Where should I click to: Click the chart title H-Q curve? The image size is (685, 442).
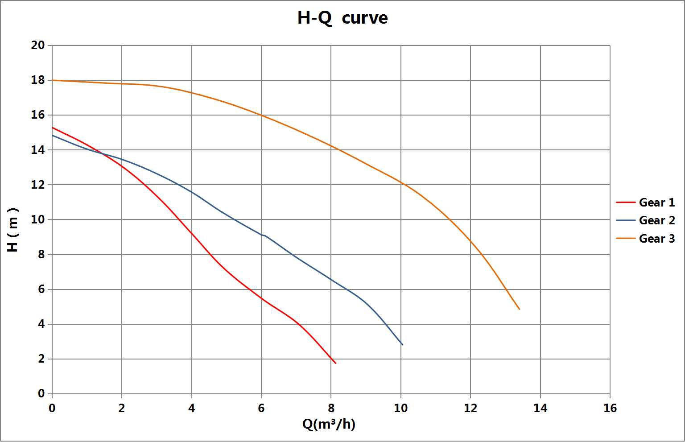click(x=342, y=18)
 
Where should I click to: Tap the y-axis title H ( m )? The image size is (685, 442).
click(x=13, y=230)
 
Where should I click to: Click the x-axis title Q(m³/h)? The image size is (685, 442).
click(x=329, y=424)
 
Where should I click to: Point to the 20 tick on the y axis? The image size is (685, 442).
click(x=38, y=45)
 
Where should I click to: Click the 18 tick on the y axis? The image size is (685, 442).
click(x=38, y=80)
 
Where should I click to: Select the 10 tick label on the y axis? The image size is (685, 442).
click(x=38, y=219)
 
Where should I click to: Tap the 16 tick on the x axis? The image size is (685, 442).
click(x=610, y=408)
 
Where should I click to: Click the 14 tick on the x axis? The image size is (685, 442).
click(x=540, y=408)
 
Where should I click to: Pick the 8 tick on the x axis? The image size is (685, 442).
click(x=331, y=408)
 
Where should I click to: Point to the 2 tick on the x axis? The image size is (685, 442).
click(x=122, y=408)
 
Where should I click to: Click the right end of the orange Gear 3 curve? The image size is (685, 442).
click(x=520, y=309)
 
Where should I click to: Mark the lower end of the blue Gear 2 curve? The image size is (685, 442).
click(x=402, y=345)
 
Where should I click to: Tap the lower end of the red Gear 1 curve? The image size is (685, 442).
click(x=335, y=363)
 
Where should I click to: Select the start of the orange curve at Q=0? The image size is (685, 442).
click(x=53, y=80)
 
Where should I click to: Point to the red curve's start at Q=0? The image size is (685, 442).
click(x=53, y=128)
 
